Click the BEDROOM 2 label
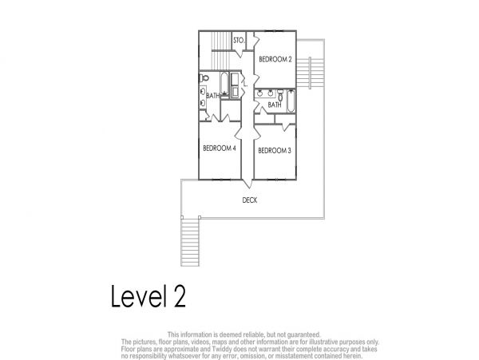point(275,59)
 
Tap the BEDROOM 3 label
point(275,151)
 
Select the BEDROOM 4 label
point(220,148)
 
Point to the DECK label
point(250,200)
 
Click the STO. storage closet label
point(239,40)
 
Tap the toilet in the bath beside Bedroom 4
point(204,78)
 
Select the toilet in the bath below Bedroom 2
point(280,94)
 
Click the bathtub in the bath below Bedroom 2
point(291,101)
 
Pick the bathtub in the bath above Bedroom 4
point(224,82)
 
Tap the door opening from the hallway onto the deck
point(247,184)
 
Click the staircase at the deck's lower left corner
point(190,242)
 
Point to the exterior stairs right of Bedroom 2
point(311,73)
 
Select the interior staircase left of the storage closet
point(220,50)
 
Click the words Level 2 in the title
point(148,296)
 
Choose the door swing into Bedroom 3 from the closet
point(286,127)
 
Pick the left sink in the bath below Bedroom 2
point(260,93)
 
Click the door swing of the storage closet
point(239,53)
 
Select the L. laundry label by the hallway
point(245,84)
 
